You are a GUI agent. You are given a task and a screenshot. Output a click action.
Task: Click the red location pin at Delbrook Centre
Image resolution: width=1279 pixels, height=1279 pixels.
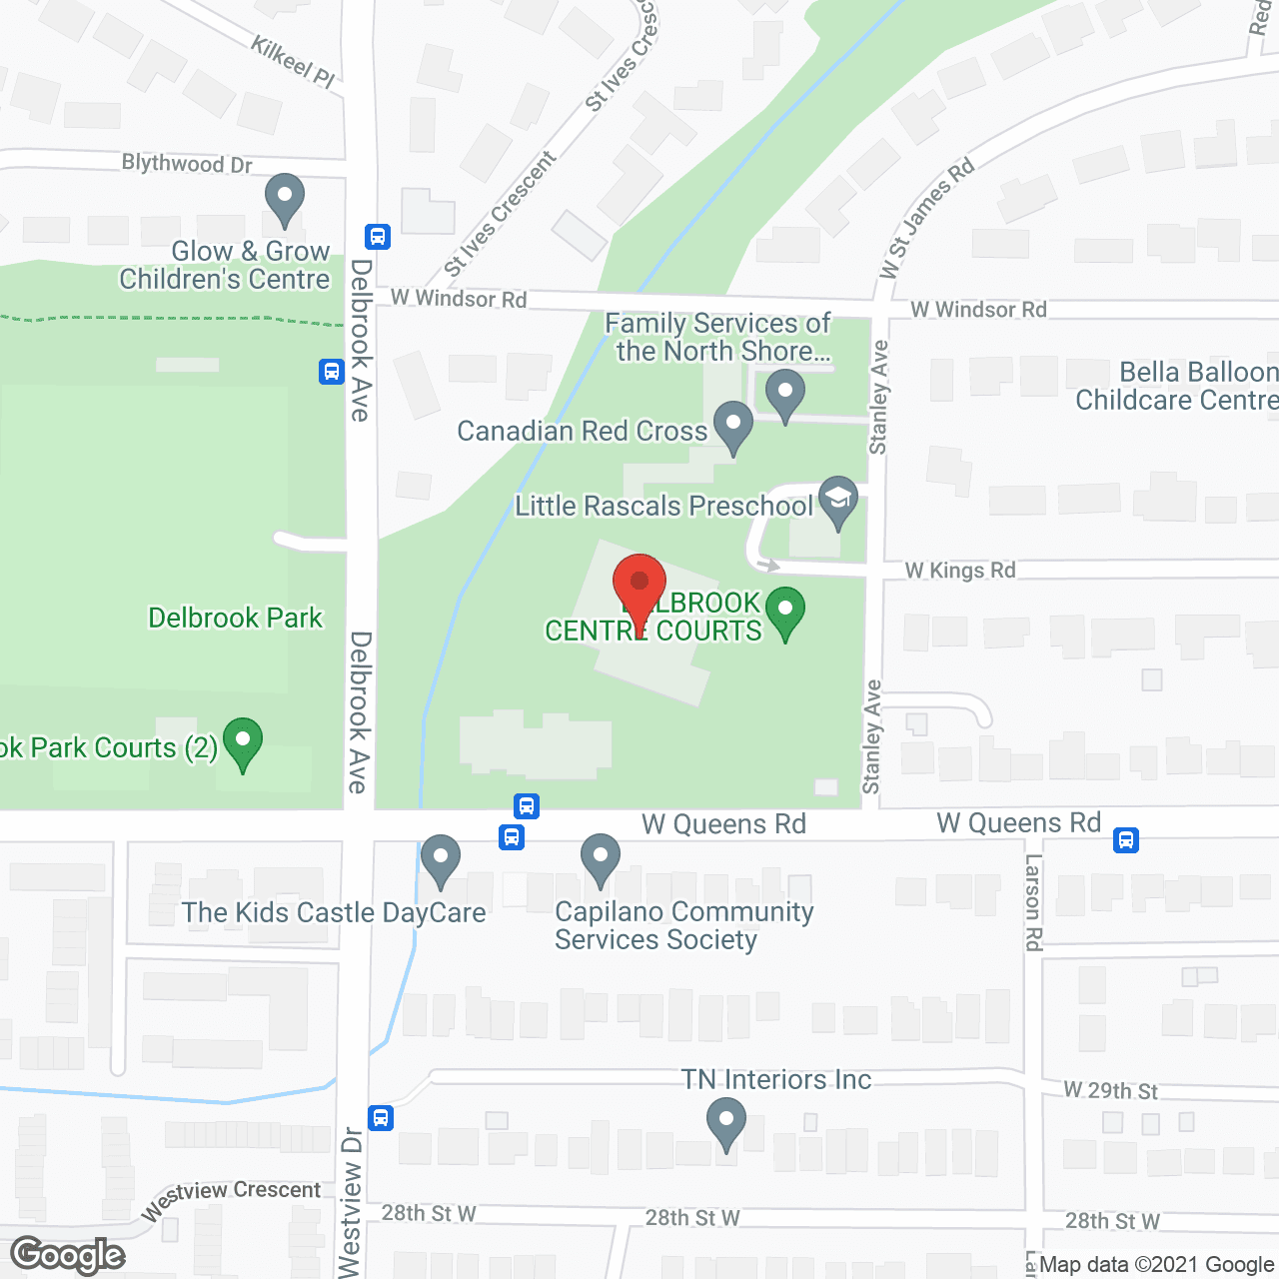(x=639, y=585)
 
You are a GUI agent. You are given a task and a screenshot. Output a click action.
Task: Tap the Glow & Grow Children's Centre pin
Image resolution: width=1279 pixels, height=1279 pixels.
(x=285, y=199)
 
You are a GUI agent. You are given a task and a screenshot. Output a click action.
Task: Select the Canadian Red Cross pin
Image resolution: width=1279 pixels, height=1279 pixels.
(x=733, y=426)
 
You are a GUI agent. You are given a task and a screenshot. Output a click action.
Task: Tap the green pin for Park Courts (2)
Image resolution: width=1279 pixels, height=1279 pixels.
(x=242, y=743)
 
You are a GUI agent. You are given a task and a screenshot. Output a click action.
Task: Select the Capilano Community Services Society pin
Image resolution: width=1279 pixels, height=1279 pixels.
(x=601, y=859)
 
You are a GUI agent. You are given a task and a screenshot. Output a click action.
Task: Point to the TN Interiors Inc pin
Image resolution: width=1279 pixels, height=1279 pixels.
(x=726, y=1122)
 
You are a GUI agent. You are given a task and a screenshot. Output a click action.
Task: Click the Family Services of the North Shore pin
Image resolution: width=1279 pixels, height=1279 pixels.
(x=785, y=394)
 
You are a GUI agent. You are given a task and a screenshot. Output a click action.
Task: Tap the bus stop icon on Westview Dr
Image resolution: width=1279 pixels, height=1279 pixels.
(x=380, y=1117)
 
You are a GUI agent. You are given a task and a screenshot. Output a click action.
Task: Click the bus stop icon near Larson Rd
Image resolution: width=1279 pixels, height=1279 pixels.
(x=1126, y=840)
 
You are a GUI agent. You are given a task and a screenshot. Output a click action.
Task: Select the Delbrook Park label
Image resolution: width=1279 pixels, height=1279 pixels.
(x=236, y=618)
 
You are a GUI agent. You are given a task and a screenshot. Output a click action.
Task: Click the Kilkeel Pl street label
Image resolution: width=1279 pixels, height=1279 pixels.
(x=293, y=61)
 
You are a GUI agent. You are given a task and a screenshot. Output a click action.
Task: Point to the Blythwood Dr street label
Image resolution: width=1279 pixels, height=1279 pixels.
(x=187, y=163)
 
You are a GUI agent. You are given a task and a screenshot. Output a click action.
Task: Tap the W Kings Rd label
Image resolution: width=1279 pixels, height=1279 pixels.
(x=960, y=571)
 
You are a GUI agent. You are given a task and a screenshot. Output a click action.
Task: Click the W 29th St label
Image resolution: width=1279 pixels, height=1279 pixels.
(x=1110, y=1090)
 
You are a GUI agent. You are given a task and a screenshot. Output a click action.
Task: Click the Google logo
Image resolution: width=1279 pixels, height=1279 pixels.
(x=68, y=1255)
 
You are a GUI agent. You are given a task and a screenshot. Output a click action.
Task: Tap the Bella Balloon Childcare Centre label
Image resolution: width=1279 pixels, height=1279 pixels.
(x=1177, y=387)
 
